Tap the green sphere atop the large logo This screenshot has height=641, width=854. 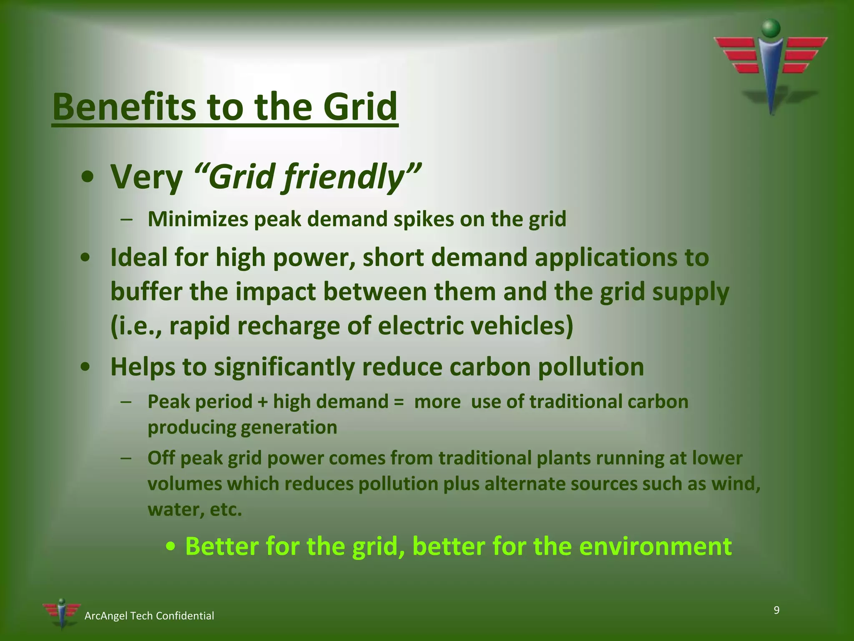point(771,28)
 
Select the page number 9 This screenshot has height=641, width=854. point(776,611)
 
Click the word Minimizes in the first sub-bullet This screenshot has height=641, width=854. point(198,219)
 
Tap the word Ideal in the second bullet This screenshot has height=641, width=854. point(138,257)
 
